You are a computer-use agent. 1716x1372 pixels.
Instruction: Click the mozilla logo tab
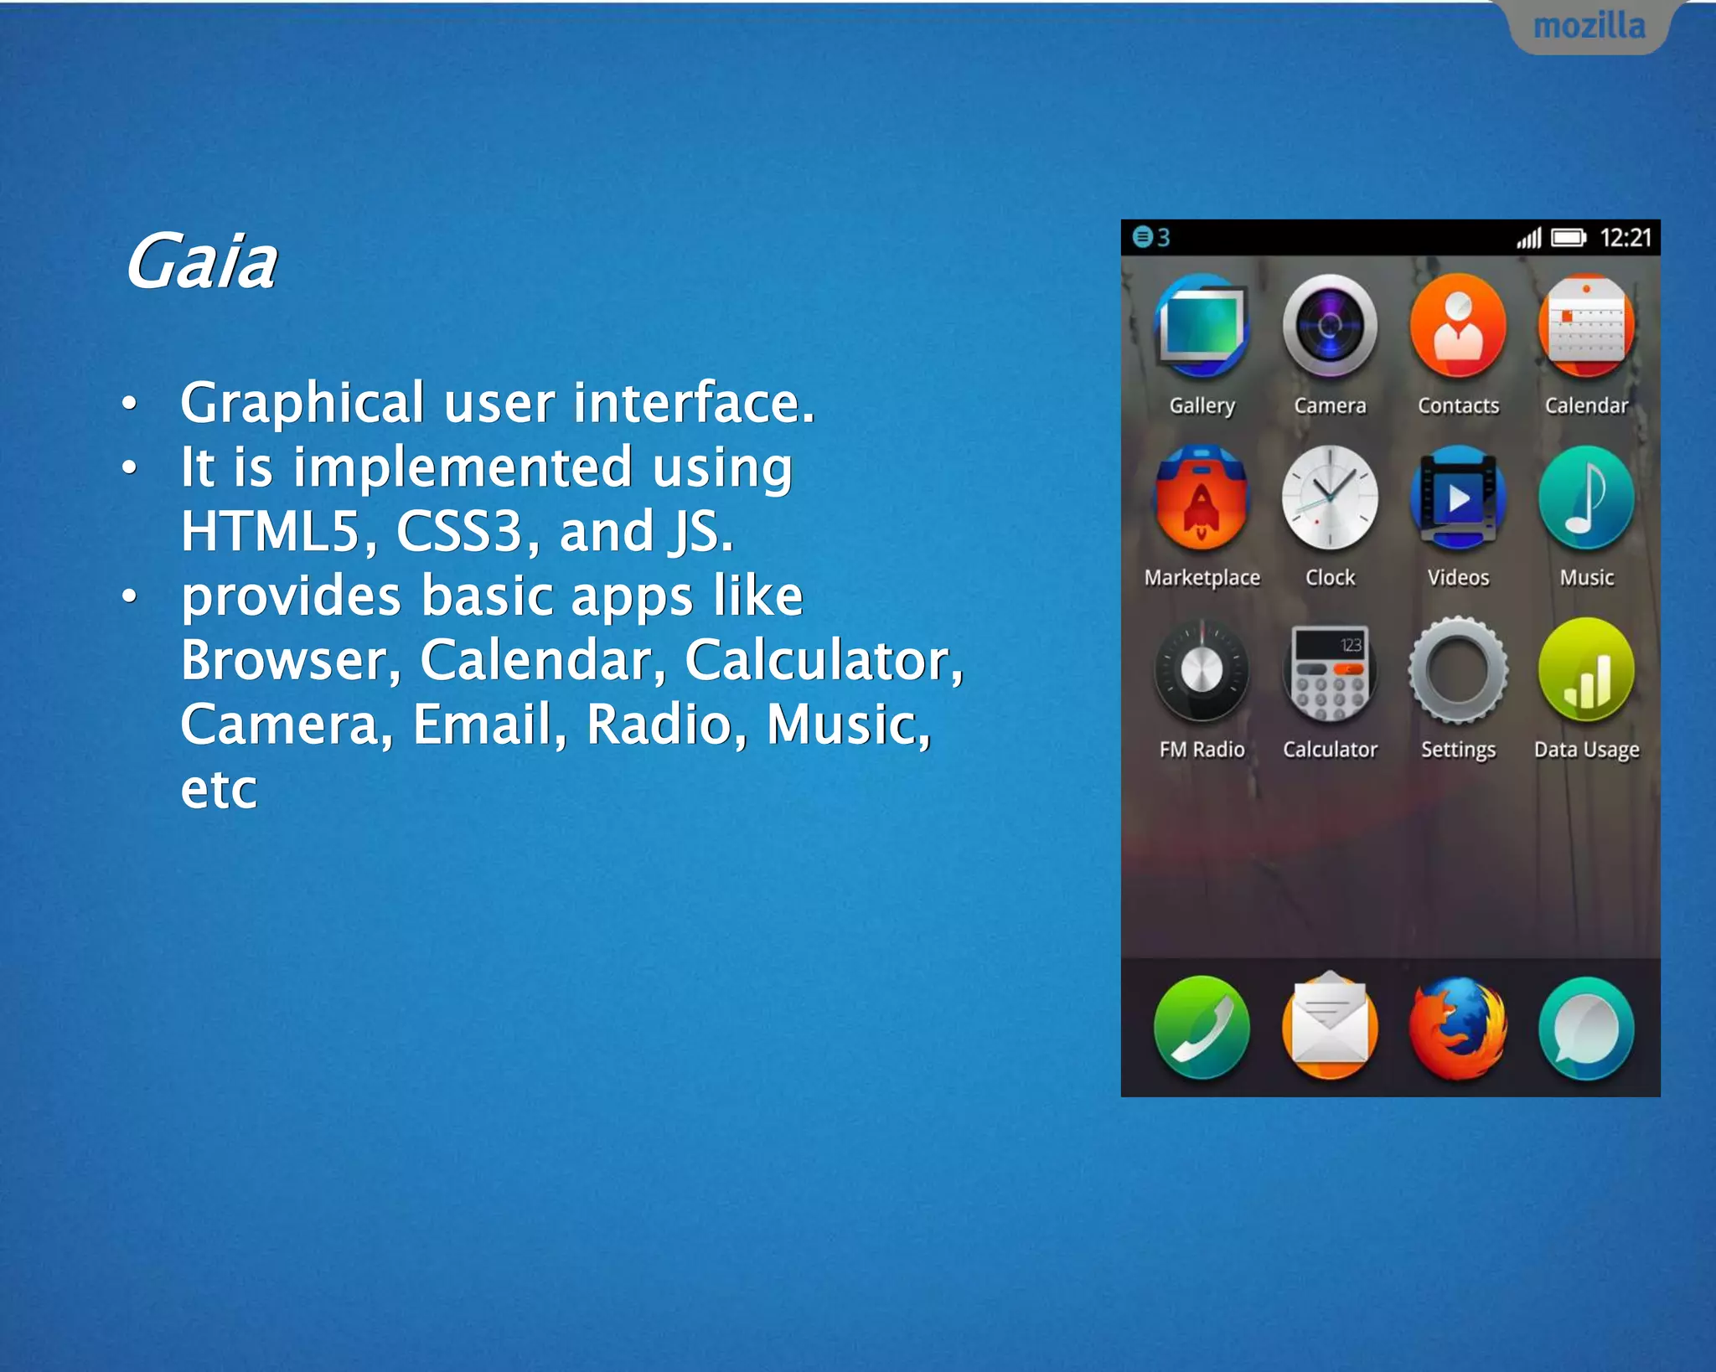point(1589,27)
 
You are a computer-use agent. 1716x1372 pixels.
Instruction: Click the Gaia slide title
point(201,262)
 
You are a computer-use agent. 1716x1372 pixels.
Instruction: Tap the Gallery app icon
point(1202,327)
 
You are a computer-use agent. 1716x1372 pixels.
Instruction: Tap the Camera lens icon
point(1330,327)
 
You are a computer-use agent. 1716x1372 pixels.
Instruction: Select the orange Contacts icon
point(1458,327)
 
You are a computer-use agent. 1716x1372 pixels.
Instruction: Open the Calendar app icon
point(1586,327)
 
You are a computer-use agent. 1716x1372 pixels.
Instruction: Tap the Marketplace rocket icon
point(1202,498)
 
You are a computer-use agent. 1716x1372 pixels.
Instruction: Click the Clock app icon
point(1330,498)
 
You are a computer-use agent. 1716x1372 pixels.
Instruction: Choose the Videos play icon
point(1458,498)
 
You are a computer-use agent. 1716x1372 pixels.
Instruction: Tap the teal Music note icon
point(1586,498)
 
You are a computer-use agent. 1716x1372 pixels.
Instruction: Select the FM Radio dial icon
point(1202,670)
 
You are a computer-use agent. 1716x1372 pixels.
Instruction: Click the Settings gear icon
point(1458,670)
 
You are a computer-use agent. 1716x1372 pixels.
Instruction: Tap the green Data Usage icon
point(1586,670)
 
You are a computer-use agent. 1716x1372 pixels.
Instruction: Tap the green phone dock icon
point(1202,1028)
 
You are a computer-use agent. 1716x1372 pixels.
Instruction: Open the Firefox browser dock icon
point(1458,1028)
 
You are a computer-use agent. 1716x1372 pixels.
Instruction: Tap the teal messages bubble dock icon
point(1586,1028)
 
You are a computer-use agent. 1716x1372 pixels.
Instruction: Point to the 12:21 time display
point(1625,238)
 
